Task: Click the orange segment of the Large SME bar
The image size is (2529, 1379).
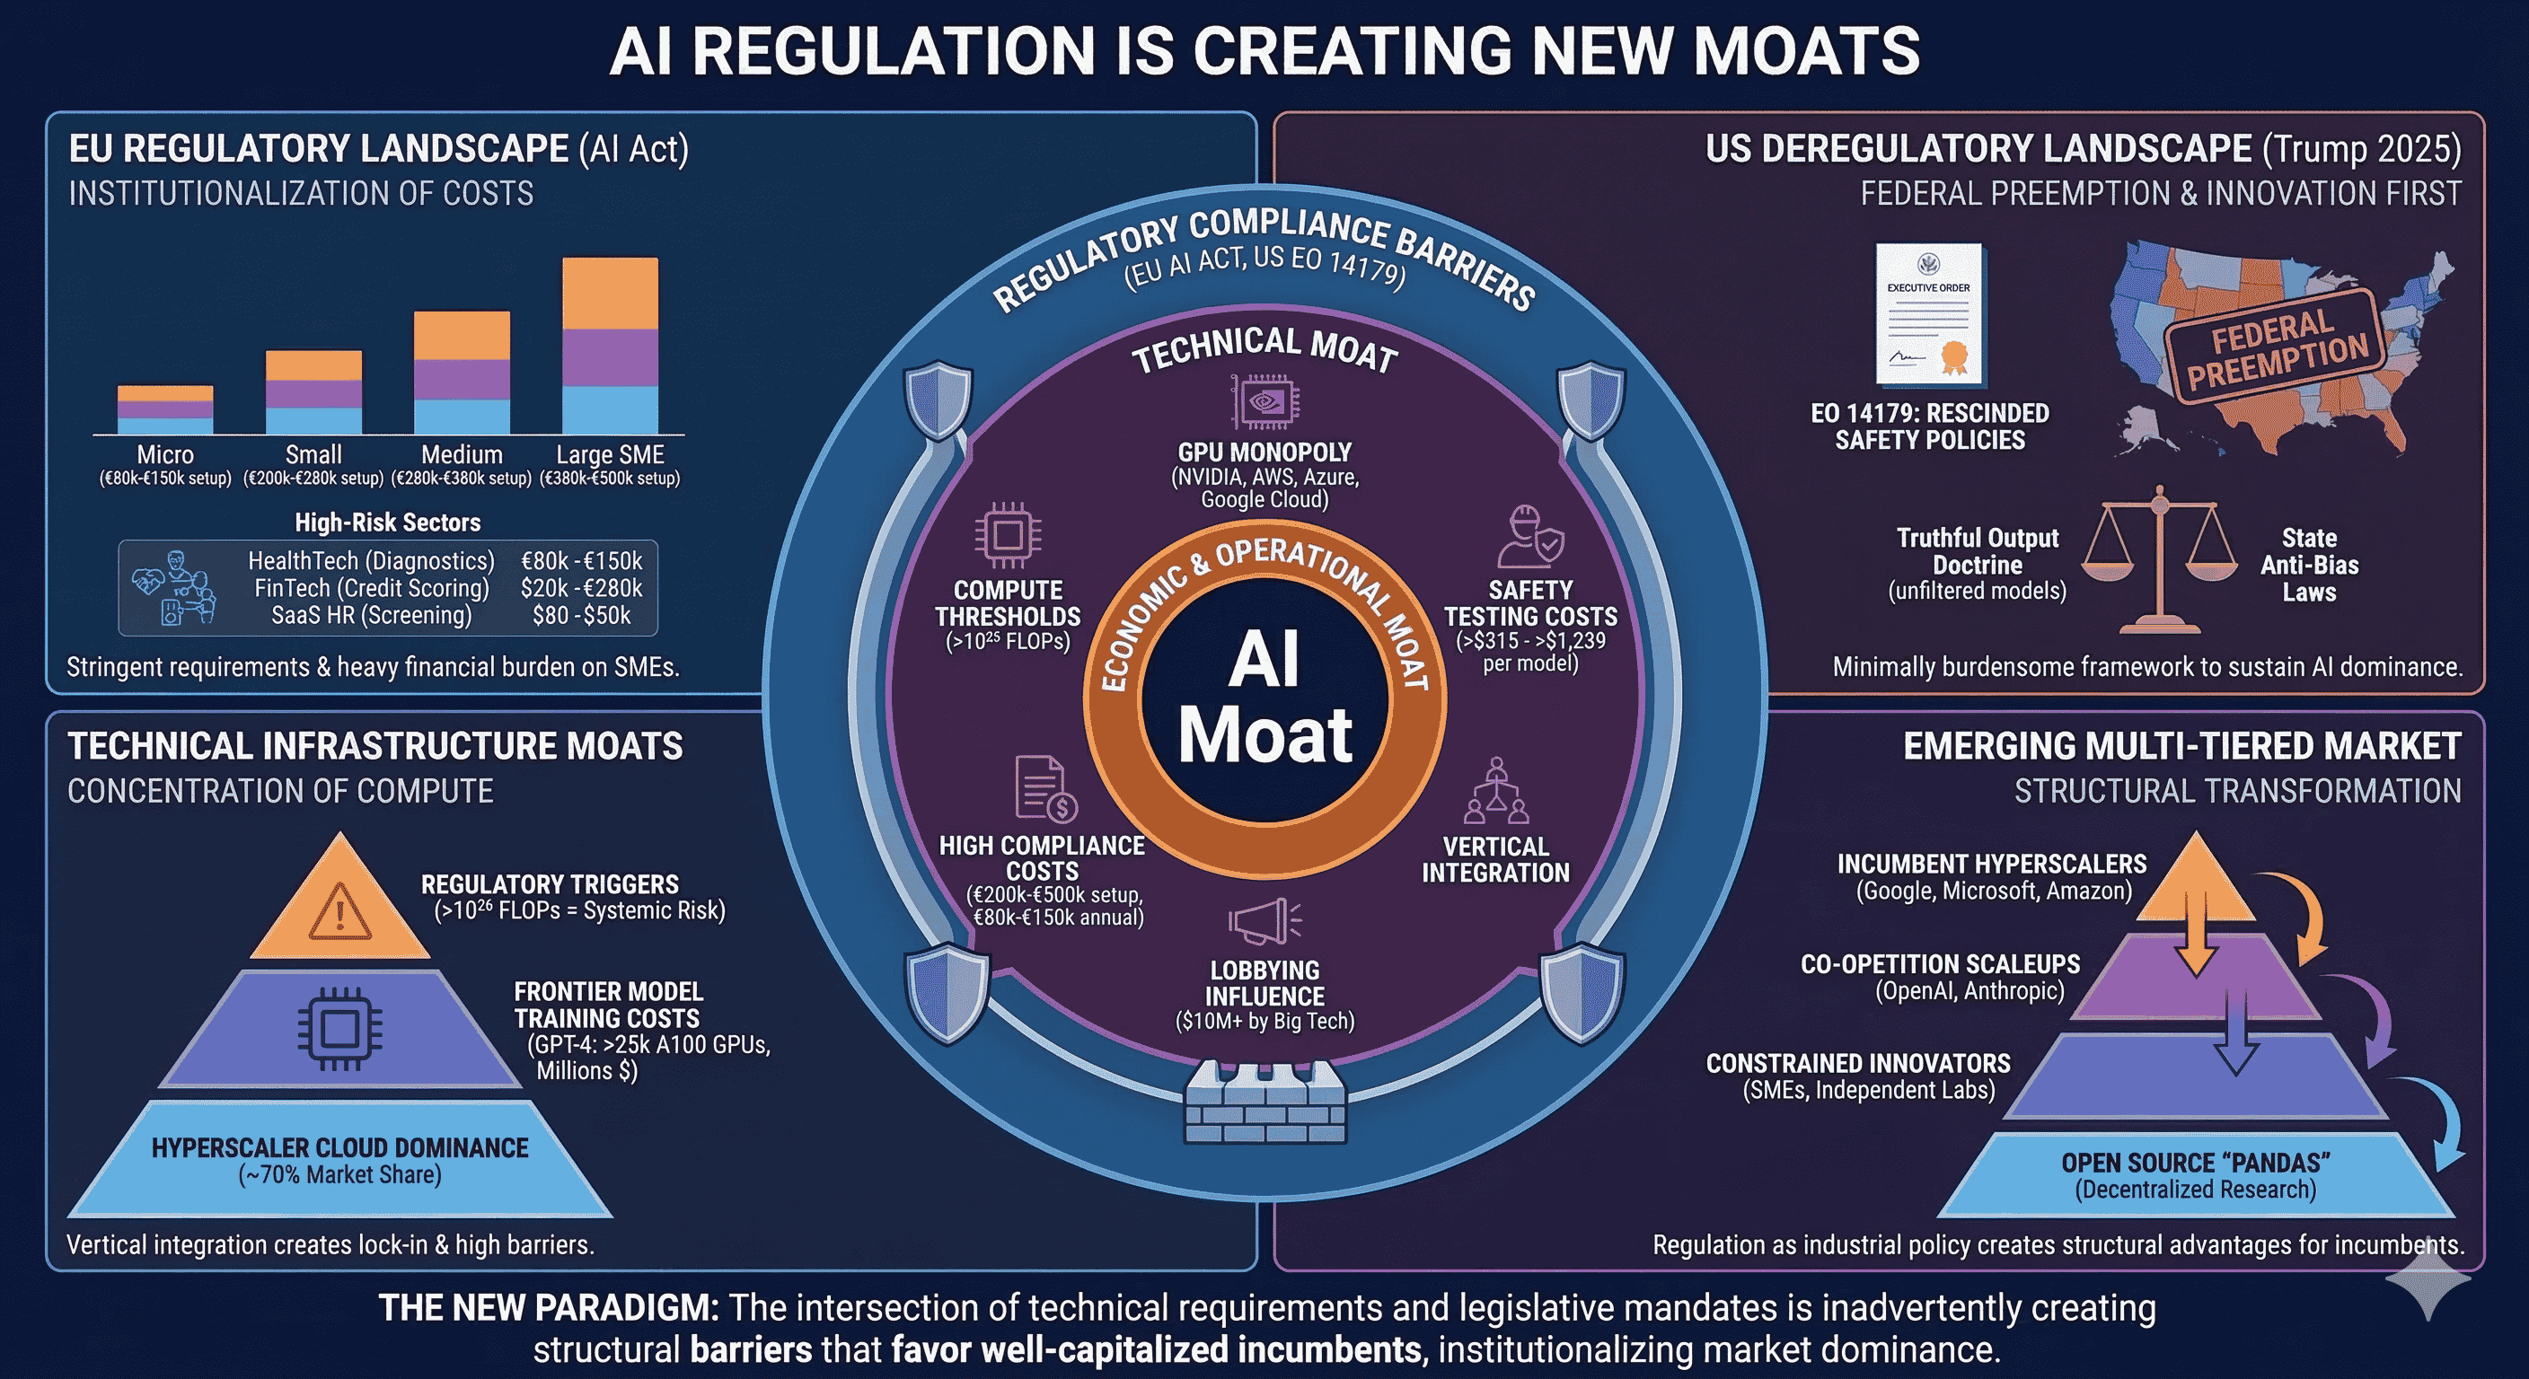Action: point(610,293)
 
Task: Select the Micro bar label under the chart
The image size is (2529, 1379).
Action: point(165,455)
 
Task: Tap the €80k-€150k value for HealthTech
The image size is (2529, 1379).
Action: point(581,560)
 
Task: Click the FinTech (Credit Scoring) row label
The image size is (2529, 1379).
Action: point(371,588)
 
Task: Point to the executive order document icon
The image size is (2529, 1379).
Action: point(1928,314)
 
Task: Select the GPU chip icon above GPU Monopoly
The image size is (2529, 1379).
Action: point(1264,401)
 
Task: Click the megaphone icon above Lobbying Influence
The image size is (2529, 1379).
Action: point(1264,923)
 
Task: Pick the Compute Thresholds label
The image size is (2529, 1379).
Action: point(1008,603)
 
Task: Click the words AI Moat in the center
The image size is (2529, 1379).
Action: point(1264,697)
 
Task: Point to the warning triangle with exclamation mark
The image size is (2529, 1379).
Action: point(339,911)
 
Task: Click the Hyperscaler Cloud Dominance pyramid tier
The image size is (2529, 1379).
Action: point(339,1160)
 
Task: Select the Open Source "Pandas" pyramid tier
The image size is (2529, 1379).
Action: point(2195,1175)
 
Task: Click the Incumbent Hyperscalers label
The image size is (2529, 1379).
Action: point(1991,865)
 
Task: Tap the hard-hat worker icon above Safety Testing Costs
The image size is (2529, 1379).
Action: point(1529,537)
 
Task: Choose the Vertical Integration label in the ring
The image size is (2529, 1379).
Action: point(1495,859)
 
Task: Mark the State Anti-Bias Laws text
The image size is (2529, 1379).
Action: point(2309,565)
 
